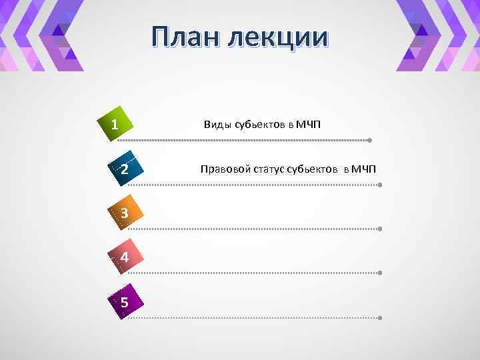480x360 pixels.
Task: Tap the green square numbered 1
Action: click(116, 124)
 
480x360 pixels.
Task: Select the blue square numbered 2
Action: click(125, 169)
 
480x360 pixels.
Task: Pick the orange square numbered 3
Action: click(124, 213)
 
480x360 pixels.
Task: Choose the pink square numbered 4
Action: click(125, 257)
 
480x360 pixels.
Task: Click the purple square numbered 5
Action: click(124, 301)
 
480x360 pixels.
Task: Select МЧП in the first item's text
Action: click(309, 125)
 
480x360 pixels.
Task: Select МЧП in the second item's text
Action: click(363, 169)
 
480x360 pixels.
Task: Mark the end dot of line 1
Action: click(369, 141)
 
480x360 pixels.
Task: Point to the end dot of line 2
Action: click(379, 185)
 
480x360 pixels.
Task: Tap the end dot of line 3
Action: click(379, 229)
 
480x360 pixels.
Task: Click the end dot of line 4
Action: click(379, 273)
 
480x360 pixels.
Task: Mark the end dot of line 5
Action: click(379, 317)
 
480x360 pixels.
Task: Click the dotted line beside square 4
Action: click(253, 273)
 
